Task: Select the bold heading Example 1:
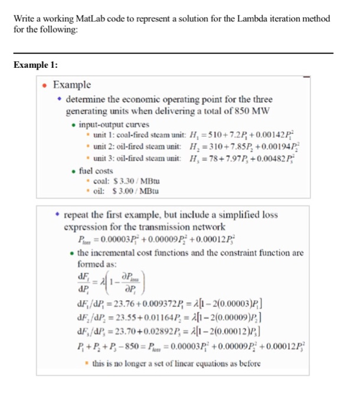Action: click(x=35, y=66)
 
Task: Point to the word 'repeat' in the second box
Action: click(x=78, y=215)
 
